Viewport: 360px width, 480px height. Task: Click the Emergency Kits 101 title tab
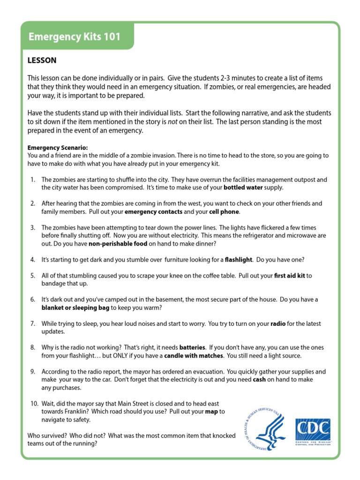(x=75, y=37)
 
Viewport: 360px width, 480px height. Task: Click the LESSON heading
(x=42, y=60)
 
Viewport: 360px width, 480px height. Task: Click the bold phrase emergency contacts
(x=153, y=211)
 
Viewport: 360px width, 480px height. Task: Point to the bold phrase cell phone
(x=224, y=211)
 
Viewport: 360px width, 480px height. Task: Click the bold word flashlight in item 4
(x=239, y=259)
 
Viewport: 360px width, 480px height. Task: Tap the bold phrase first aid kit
(x=289, y=276)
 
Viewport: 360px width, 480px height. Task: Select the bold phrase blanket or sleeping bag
(x=75, y=307)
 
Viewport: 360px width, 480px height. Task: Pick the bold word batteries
(x=192, y=347)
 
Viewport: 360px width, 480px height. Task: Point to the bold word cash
(x=259, y=379)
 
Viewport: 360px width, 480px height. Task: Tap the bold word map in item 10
(x=212, y=412)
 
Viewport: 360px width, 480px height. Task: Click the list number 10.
(x=34, y=404)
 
